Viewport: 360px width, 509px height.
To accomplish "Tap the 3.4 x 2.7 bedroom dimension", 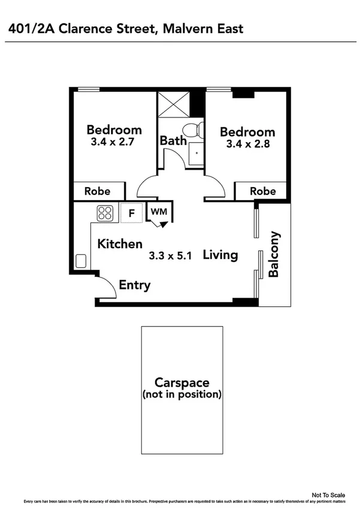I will (114, 144).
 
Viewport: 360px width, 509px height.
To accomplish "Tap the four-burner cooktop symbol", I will (105, 213).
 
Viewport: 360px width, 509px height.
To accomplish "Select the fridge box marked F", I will (132, 213).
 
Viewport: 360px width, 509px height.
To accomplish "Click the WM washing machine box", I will (158, 212).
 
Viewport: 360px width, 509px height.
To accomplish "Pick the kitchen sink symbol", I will (81, 261).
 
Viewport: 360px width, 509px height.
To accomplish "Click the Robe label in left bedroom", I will (97, 192).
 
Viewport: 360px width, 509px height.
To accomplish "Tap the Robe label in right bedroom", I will (263, 191).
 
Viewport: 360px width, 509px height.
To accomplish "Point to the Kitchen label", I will (120, 244).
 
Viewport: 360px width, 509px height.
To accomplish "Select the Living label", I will (220, 255).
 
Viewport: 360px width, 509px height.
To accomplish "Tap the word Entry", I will (135, 285).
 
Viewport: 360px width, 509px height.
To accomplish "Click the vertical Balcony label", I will (274, 254).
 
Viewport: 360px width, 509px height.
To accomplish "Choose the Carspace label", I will (181, 382).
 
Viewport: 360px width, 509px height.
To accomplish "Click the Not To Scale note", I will (329, 495).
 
